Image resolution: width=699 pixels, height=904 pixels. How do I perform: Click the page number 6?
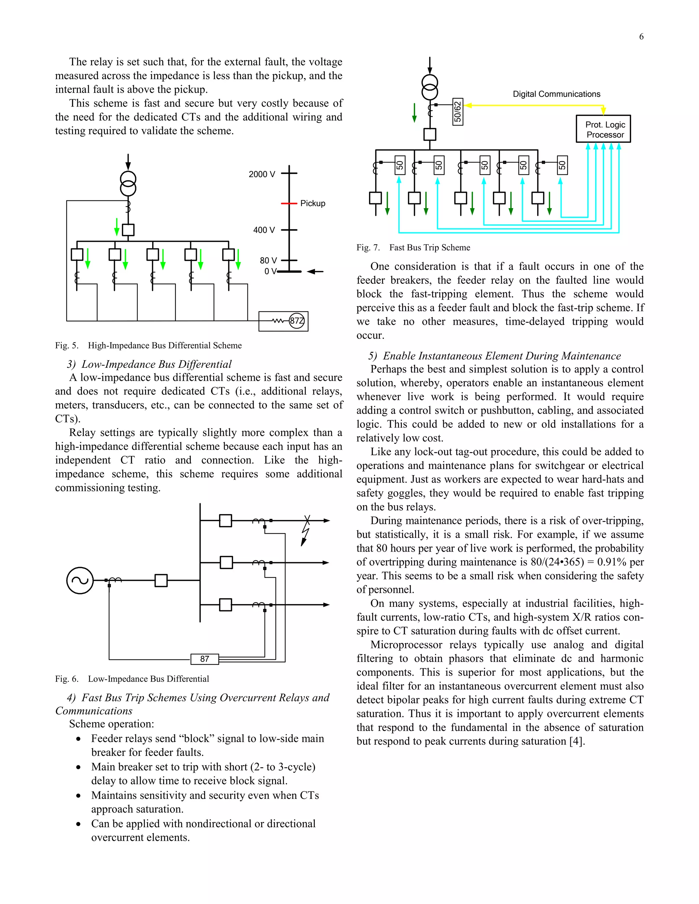tap(641, 37)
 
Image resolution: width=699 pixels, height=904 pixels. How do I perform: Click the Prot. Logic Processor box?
tap(603, 129)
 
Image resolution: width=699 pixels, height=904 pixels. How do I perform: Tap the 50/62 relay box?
tap(458, 112)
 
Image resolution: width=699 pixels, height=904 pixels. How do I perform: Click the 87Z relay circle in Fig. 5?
tap(297, 321)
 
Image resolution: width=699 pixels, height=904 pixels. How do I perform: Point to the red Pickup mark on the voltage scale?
tap(289, 203)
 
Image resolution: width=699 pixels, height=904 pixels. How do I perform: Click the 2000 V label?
tap(261, 174)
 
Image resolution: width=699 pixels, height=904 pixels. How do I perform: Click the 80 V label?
tap(268, 260)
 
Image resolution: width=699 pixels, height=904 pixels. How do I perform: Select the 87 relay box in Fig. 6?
tap(204, 658)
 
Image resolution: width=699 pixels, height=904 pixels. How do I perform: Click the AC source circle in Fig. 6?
tap(80, 580)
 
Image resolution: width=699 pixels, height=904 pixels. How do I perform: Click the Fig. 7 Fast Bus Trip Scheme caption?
tap(413, 248)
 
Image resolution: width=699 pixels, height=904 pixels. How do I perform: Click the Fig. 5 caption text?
tap(148, 345)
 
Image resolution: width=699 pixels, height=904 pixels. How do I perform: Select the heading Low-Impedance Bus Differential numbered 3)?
tap(149, 364)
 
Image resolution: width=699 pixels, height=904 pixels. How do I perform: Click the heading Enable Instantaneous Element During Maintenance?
tap(495, 356)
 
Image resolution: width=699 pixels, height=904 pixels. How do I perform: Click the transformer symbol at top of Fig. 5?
tap(128, 184)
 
